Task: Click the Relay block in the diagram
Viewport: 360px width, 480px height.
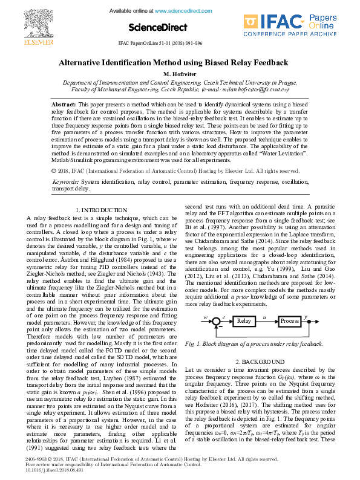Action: tap(243, 320)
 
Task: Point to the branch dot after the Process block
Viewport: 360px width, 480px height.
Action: tap(309, 320)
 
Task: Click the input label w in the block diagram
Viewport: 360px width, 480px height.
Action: tap(206, 317)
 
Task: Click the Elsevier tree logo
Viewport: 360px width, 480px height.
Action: tap(21, 22)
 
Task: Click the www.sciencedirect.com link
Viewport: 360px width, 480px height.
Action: tap(180, 11)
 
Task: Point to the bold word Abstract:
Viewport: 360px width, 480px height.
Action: tap(64, 105)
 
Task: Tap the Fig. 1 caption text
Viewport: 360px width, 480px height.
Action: tap(246, 343)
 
